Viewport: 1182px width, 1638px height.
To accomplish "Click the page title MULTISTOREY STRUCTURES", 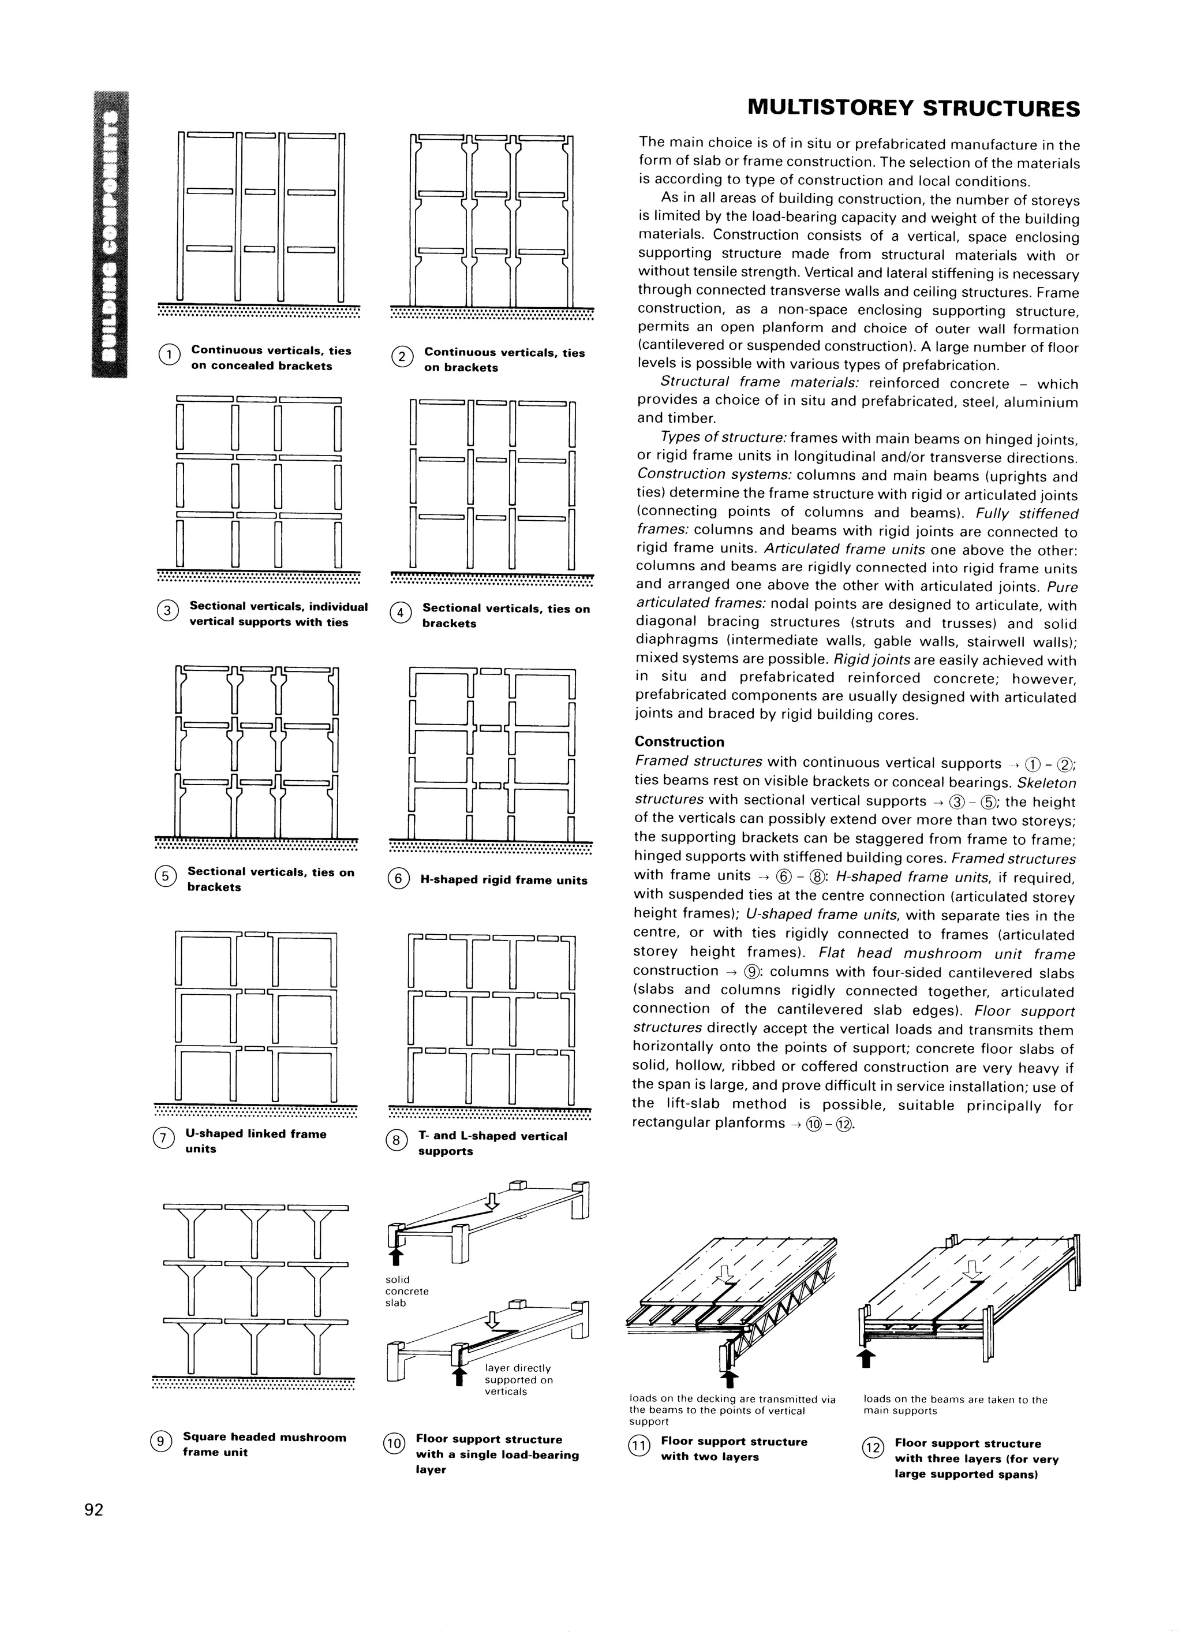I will [x=914, y=109].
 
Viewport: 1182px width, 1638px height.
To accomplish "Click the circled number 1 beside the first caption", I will [x=169, y=355].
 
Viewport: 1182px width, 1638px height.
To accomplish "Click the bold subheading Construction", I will [x=679, y=742].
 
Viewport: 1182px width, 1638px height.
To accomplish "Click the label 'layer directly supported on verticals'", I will [x=518, y=1379].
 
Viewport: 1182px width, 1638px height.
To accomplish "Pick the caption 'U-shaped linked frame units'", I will [x=256, y=1141].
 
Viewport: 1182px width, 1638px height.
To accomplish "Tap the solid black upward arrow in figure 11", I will [x=730, y=1379].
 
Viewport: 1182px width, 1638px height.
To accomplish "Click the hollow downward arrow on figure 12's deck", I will [x=973, y=1269].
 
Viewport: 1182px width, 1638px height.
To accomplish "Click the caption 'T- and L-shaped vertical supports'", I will [x=492, y=1143].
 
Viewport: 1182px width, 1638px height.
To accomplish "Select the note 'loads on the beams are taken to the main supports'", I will [x=955, y=1405].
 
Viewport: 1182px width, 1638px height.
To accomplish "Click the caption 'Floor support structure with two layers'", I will [x=734, y=1449].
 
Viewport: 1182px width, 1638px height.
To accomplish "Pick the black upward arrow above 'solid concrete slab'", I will [x=394, y=1257].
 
